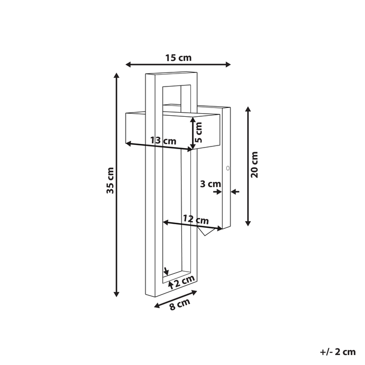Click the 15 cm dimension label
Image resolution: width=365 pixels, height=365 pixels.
point(178,57)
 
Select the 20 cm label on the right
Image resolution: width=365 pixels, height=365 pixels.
point(254,165)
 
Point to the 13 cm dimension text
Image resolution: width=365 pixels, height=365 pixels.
point(163,140)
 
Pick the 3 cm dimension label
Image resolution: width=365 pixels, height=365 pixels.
point(211,184)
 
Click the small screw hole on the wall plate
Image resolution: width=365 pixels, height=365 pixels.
point(227,168)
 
